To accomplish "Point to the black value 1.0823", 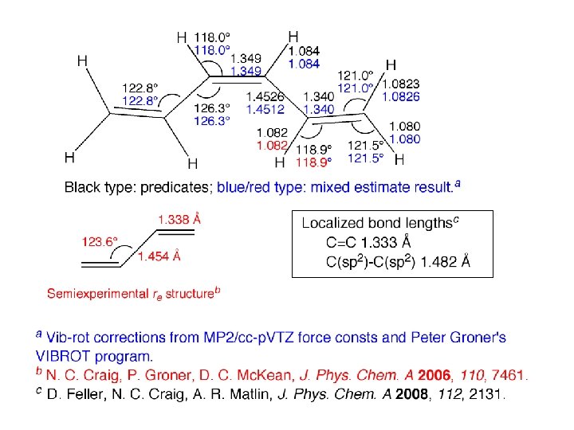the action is (x=401, y=83).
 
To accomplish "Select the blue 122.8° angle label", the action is (x=140, y=101).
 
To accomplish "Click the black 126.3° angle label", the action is (x=212, y=108).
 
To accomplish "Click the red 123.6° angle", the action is (x=100, y=240).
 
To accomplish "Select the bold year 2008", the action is (x=412, y=393).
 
